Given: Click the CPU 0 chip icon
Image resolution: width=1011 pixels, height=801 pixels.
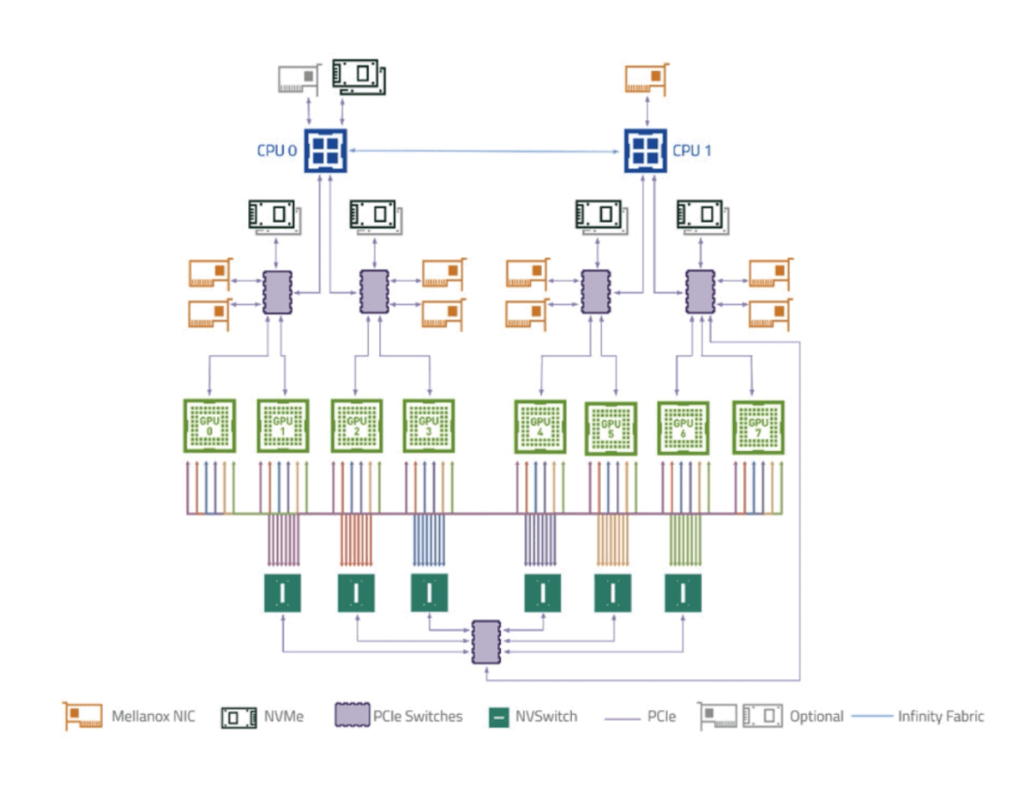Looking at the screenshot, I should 326,150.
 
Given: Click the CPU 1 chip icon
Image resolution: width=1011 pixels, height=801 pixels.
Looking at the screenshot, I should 646,150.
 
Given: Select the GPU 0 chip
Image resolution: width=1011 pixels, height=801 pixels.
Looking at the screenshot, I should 209,426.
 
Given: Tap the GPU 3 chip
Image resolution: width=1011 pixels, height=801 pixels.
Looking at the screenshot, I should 429,426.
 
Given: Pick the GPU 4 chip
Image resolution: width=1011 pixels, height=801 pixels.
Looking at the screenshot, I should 540,426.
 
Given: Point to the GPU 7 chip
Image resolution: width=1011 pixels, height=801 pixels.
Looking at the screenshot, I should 758,427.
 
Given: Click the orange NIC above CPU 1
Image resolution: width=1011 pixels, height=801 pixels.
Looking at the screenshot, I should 646,79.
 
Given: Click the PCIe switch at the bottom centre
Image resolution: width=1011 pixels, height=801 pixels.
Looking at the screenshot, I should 487,642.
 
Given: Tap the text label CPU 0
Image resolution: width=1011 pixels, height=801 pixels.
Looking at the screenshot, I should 277,150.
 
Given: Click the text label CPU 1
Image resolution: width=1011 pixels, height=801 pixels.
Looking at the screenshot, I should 692,150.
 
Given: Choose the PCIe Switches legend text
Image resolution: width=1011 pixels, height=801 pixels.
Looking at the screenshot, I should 418,717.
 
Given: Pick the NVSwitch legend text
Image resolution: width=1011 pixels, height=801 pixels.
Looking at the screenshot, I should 546,717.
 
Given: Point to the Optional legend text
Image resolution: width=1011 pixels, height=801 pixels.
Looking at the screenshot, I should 815,717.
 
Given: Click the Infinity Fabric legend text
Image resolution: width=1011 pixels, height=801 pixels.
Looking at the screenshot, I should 941,717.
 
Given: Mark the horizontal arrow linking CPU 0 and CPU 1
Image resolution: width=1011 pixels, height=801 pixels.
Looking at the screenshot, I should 486,151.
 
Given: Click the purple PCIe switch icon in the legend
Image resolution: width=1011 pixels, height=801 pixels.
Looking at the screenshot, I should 348,717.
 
